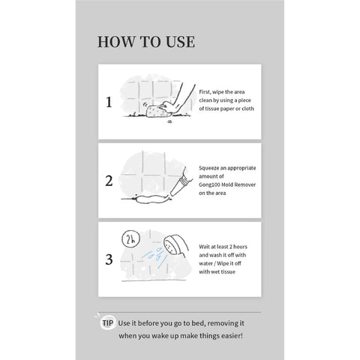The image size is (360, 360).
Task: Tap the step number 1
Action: [x=109, y=102]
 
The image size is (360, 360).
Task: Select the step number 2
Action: [x=109, y=181]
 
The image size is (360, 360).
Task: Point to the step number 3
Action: [x=109, y=259]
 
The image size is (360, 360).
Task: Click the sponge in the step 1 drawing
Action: [x=155, y=111]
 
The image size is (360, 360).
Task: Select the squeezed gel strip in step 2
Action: [x=151, y=199]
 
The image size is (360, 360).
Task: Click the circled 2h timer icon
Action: [x=130, y=239]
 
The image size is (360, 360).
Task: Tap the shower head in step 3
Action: [x=175, y=245]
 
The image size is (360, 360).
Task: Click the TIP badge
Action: [x=108, y=323]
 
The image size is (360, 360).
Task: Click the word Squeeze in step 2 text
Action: [x=209, y=168]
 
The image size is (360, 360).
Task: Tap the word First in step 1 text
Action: [x=205, y=92]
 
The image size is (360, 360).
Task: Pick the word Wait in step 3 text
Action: [x=204, y=247]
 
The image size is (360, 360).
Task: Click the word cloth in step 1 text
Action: [x=247, y=109]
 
